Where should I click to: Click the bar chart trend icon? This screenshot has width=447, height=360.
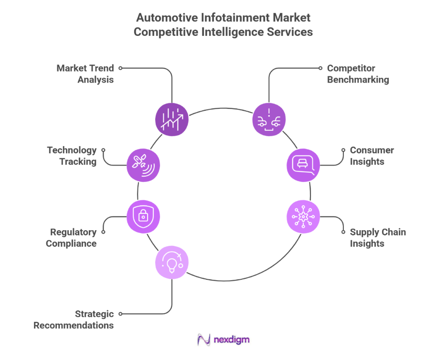(172, 119)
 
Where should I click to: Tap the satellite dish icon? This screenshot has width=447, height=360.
(143, 165)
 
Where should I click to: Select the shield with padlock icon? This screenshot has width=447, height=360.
(143, 216)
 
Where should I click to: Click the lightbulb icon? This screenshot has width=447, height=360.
(172, 262)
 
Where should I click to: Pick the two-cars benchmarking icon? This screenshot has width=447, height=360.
(268, 119)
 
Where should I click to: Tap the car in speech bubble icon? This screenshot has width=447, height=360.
(303, 165)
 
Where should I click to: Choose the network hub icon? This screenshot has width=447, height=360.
(303, 217)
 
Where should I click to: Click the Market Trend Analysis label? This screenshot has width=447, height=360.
(85, 74)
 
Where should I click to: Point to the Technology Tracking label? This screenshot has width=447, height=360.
(72, 156)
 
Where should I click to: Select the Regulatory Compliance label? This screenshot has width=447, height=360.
(71, 238)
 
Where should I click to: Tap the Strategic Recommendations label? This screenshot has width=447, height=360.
(74, 320)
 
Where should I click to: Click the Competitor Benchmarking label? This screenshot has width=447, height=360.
(358, 74)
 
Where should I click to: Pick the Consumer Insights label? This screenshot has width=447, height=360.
(372, 156)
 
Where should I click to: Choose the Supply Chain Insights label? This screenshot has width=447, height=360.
(377, 238)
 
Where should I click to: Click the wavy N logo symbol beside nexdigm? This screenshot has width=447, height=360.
(204, 340)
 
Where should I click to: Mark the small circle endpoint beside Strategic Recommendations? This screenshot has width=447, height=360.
(120, 314)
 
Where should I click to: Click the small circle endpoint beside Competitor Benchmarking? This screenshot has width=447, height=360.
(321, 68)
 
